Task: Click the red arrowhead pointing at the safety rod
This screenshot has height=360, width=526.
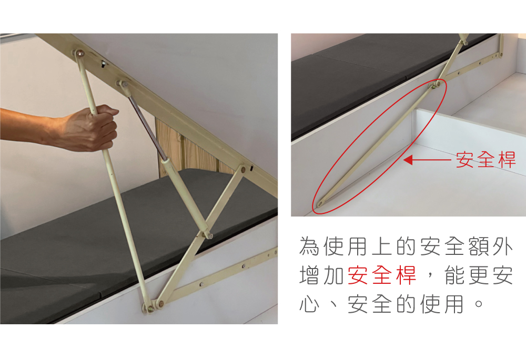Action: point(408,160)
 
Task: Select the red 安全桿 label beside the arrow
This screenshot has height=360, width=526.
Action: point(485,160)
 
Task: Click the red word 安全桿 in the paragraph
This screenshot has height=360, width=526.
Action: point(382,275)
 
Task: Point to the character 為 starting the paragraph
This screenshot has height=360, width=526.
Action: point(309,246)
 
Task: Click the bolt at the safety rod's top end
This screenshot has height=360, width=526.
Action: point(80,53)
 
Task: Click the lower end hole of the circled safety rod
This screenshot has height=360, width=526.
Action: point(319,203)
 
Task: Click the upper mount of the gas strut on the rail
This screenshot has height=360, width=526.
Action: point(123,84)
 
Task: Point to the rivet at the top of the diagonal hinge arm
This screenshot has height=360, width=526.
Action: point(242,169)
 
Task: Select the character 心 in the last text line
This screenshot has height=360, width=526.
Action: point(309,304)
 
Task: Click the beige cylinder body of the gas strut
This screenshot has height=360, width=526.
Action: point(184,195)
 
